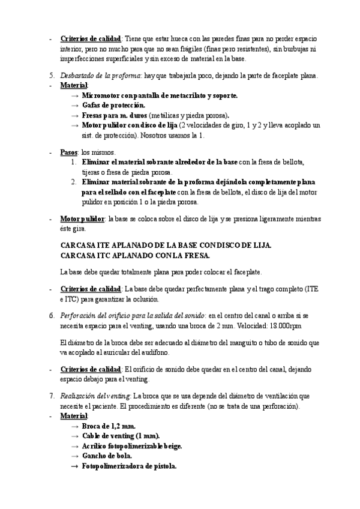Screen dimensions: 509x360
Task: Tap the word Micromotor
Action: [100, 95]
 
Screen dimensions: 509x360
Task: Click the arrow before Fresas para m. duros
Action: [74, 115]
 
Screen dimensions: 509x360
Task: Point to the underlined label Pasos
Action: [69, 152]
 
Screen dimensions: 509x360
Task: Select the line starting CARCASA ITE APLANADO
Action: [166, 245]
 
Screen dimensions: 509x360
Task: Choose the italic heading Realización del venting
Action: [95, 397]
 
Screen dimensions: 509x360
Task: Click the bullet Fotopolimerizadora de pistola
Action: [129, 466]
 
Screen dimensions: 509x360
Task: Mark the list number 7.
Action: [51, 397]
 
